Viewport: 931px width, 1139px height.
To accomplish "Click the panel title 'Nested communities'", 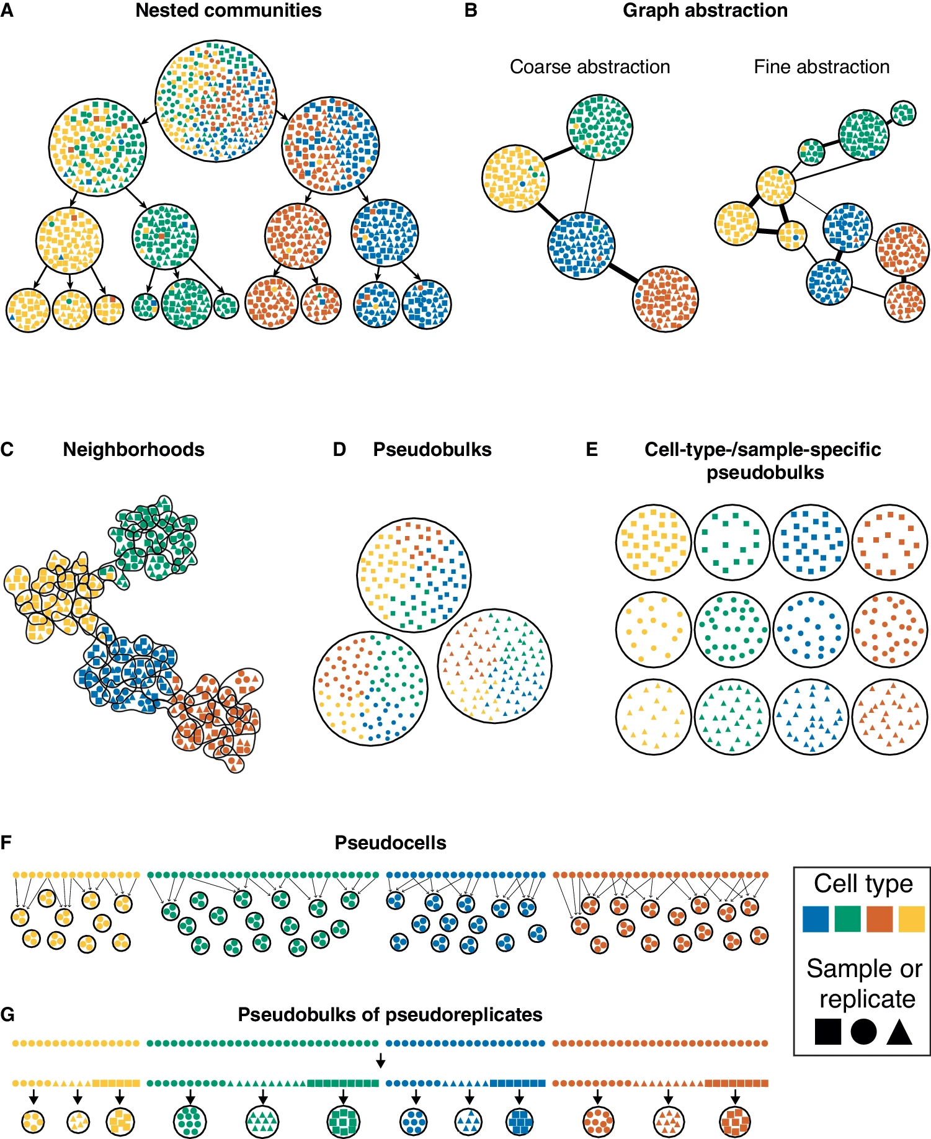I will click(228, 11).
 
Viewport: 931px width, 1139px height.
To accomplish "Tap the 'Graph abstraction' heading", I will click(705, 11).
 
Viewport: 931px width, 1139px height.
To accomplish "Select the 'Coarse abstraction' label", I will click(589, 66).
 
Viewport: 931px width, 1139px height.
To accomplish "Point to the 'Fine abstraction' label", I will click(821, 66).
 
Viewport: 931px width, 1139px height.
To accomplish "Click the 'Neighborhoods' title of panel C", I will click(133, 449).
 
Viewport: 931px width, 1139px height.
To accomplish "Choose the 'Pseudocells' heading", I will click(390, 842).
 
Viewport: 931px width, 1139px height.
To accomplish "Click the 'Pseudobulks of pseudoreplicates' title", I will click(390, 1014).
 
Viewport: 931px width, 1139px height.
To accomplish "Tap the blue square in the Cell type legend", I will click(815, 919).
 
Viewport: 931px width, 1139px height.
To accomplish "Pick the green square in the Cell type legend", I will click(847, 919).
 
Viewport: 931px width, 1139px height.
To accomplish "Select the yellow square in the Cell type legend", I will click(911, 919).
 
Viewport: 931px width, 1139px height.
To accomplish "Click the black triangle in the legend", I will click(899, 1032).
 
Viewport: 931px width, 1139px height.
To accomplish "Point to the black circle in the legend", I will click(863, 1032).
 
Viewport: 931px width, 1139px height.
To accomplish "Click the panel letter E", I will click(592, 449).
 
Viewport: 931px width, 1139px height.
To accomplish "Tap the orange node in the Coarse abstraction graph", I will click(666, 299).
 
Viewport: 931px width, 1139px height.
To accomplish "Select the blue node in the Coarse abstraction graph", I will click(581, 246).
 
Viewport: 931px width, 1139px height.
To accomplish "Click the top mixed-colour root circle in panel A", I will click(216, 101).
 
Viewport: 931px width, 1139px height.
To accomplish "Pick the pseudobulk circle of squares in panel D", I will click(414, 575).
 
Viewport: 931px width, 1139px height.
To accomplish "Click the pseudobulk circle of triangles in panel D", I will click(494, 666).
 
